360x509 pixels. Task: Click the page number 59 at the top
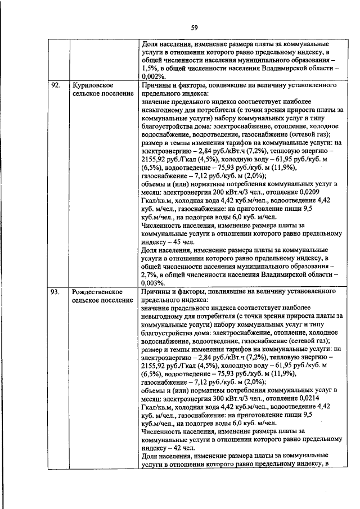194,27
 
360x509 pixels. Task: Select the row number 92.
55,85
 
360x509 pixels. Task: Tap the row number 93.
55,292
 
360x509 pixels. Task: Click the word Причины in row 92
156,85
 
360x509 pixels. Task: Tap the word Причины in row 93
156,292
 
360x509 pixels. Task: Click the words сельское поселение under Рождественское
103,300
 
